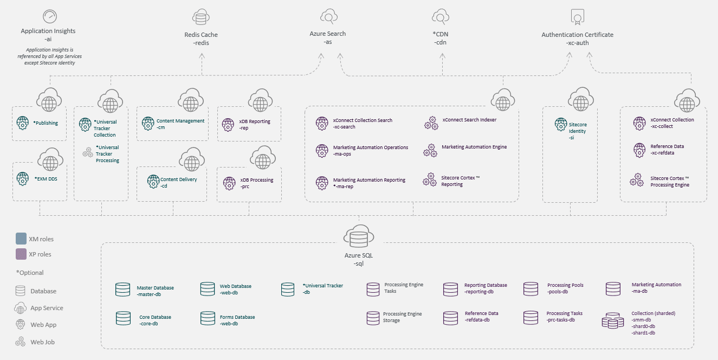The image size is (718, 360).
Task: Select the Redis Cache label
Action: (202, 38)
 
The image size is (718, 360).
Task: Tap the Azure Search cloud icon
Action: (328, 16)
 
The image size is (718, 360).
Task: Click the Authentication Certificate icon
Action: (577, 17)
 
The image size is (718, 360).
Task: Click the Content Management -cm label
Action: (180, 124)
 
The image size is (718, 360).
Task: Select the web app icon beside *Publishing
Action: (23, 123)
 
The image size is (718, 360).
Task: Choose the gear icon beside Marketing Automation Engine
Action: (431, 150)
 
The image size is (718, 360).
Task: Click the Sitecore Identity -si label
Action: (577, 131)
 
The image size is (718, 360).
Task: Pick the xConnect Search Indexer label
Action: (469, 120)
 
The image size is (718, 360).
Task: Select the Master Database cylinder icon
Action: (122, 290)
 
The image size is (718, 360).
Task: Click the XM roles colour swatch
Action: (21, 239)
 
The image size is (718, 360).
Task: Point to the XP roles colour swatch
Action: (21, 254)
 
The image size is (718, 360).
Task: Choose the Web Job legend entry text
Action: (42, 342)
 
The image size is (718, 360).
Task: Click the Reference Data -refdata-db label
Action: (481, 317)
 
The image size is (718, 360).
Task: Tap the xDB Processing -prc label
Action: (256, 183)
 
